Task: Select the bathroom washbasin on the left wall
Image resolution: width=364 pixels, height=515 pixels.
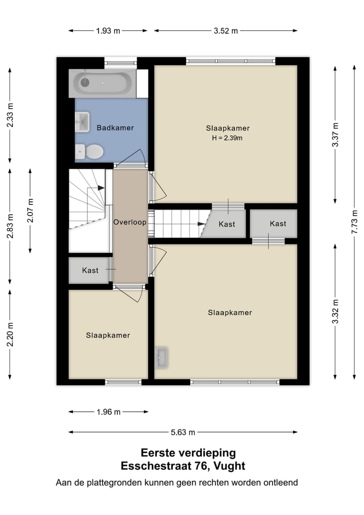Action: (x=81, y=121)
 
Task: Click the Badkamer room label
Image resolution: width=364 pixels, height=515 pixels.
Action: (x=115, y=128)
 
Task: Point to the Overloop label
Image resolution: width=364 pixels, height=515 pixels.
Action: (x=130, y=222)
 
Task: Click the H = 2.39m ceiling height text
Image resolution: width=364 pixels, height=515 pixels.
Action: (x=227, y=138)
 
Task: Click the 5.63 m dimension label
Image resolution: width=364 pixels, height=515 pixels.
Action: (x=183, y=432)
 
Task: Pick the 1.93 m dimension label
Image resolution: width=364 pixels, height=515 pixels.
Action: (x=108, y=31)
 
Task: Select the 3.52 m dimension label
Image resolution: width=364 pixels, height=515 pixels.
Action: (x=225, y=31)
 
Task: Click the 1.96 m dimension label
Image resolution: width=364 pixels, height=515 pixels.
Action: (x=108, y=412)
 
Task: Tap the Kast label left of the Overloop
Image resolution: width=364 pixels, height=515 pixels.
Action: (x=90, y=271)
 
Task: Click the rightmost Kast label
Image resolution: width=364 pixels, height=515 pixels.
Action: (x=278, y=224)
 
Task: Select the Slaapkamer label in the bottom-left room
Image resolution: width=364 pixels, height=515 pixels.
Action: (x=108, y=335)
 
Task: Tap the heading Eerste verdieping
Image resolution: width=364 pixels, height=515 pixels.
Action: (x=188, y=453)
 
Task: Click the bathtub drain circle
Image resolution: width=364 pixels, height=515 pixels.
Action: (x=85, y=82)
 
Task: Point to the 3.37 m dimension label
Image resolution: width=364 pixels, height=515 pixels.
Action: (x=335, y=135)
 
